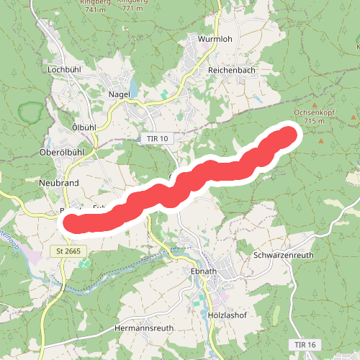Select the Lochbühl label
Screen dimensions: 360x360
(x=62, y=70)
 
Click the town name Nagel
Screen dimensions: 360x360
(x=118, y=94)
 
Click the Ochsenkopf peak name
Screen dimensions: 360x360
(x=315, y=112)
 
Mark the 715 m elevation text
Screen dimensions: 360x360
(x=315, y=121)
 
